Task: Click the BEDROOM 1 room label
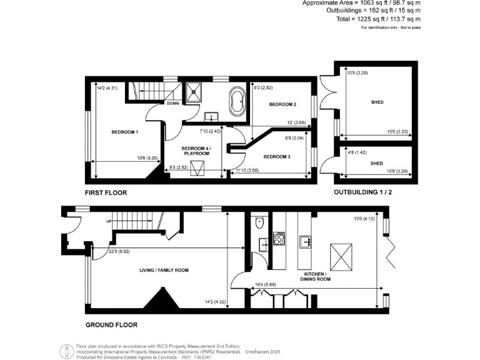[124, 132]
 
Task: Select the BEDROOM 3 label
[277, 156]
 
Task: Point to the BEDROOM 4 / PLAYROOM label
[196, 151]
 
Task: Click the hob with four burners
[279, 238]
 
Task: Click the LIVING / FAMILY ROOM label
[164, 270]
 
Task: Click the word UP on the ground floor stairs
[109, 221]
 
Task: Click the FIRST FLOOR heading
[106, 193]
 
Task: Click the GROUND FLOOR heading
[111, 325]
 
